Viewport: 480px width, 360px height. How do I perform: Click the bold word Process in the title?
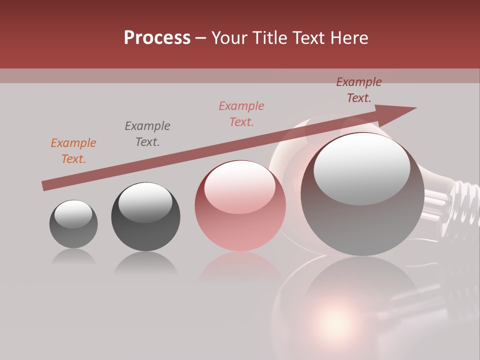coord(157,38)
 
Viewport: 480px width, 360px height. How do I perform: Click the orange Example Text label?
coord(73,151)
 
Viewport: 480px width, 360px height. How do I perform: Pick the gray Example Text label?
coord(147,134)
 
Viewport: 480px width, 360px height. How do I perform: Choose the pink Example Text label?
coord(241,114)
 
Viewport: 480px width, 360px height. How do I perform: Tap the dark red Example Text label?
coord(359,90)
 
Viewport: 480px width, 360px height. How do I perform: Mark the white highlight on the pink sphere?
coord(239,187)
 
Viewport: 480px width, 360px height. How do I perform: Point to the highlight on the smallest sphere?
coord(73,214)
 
